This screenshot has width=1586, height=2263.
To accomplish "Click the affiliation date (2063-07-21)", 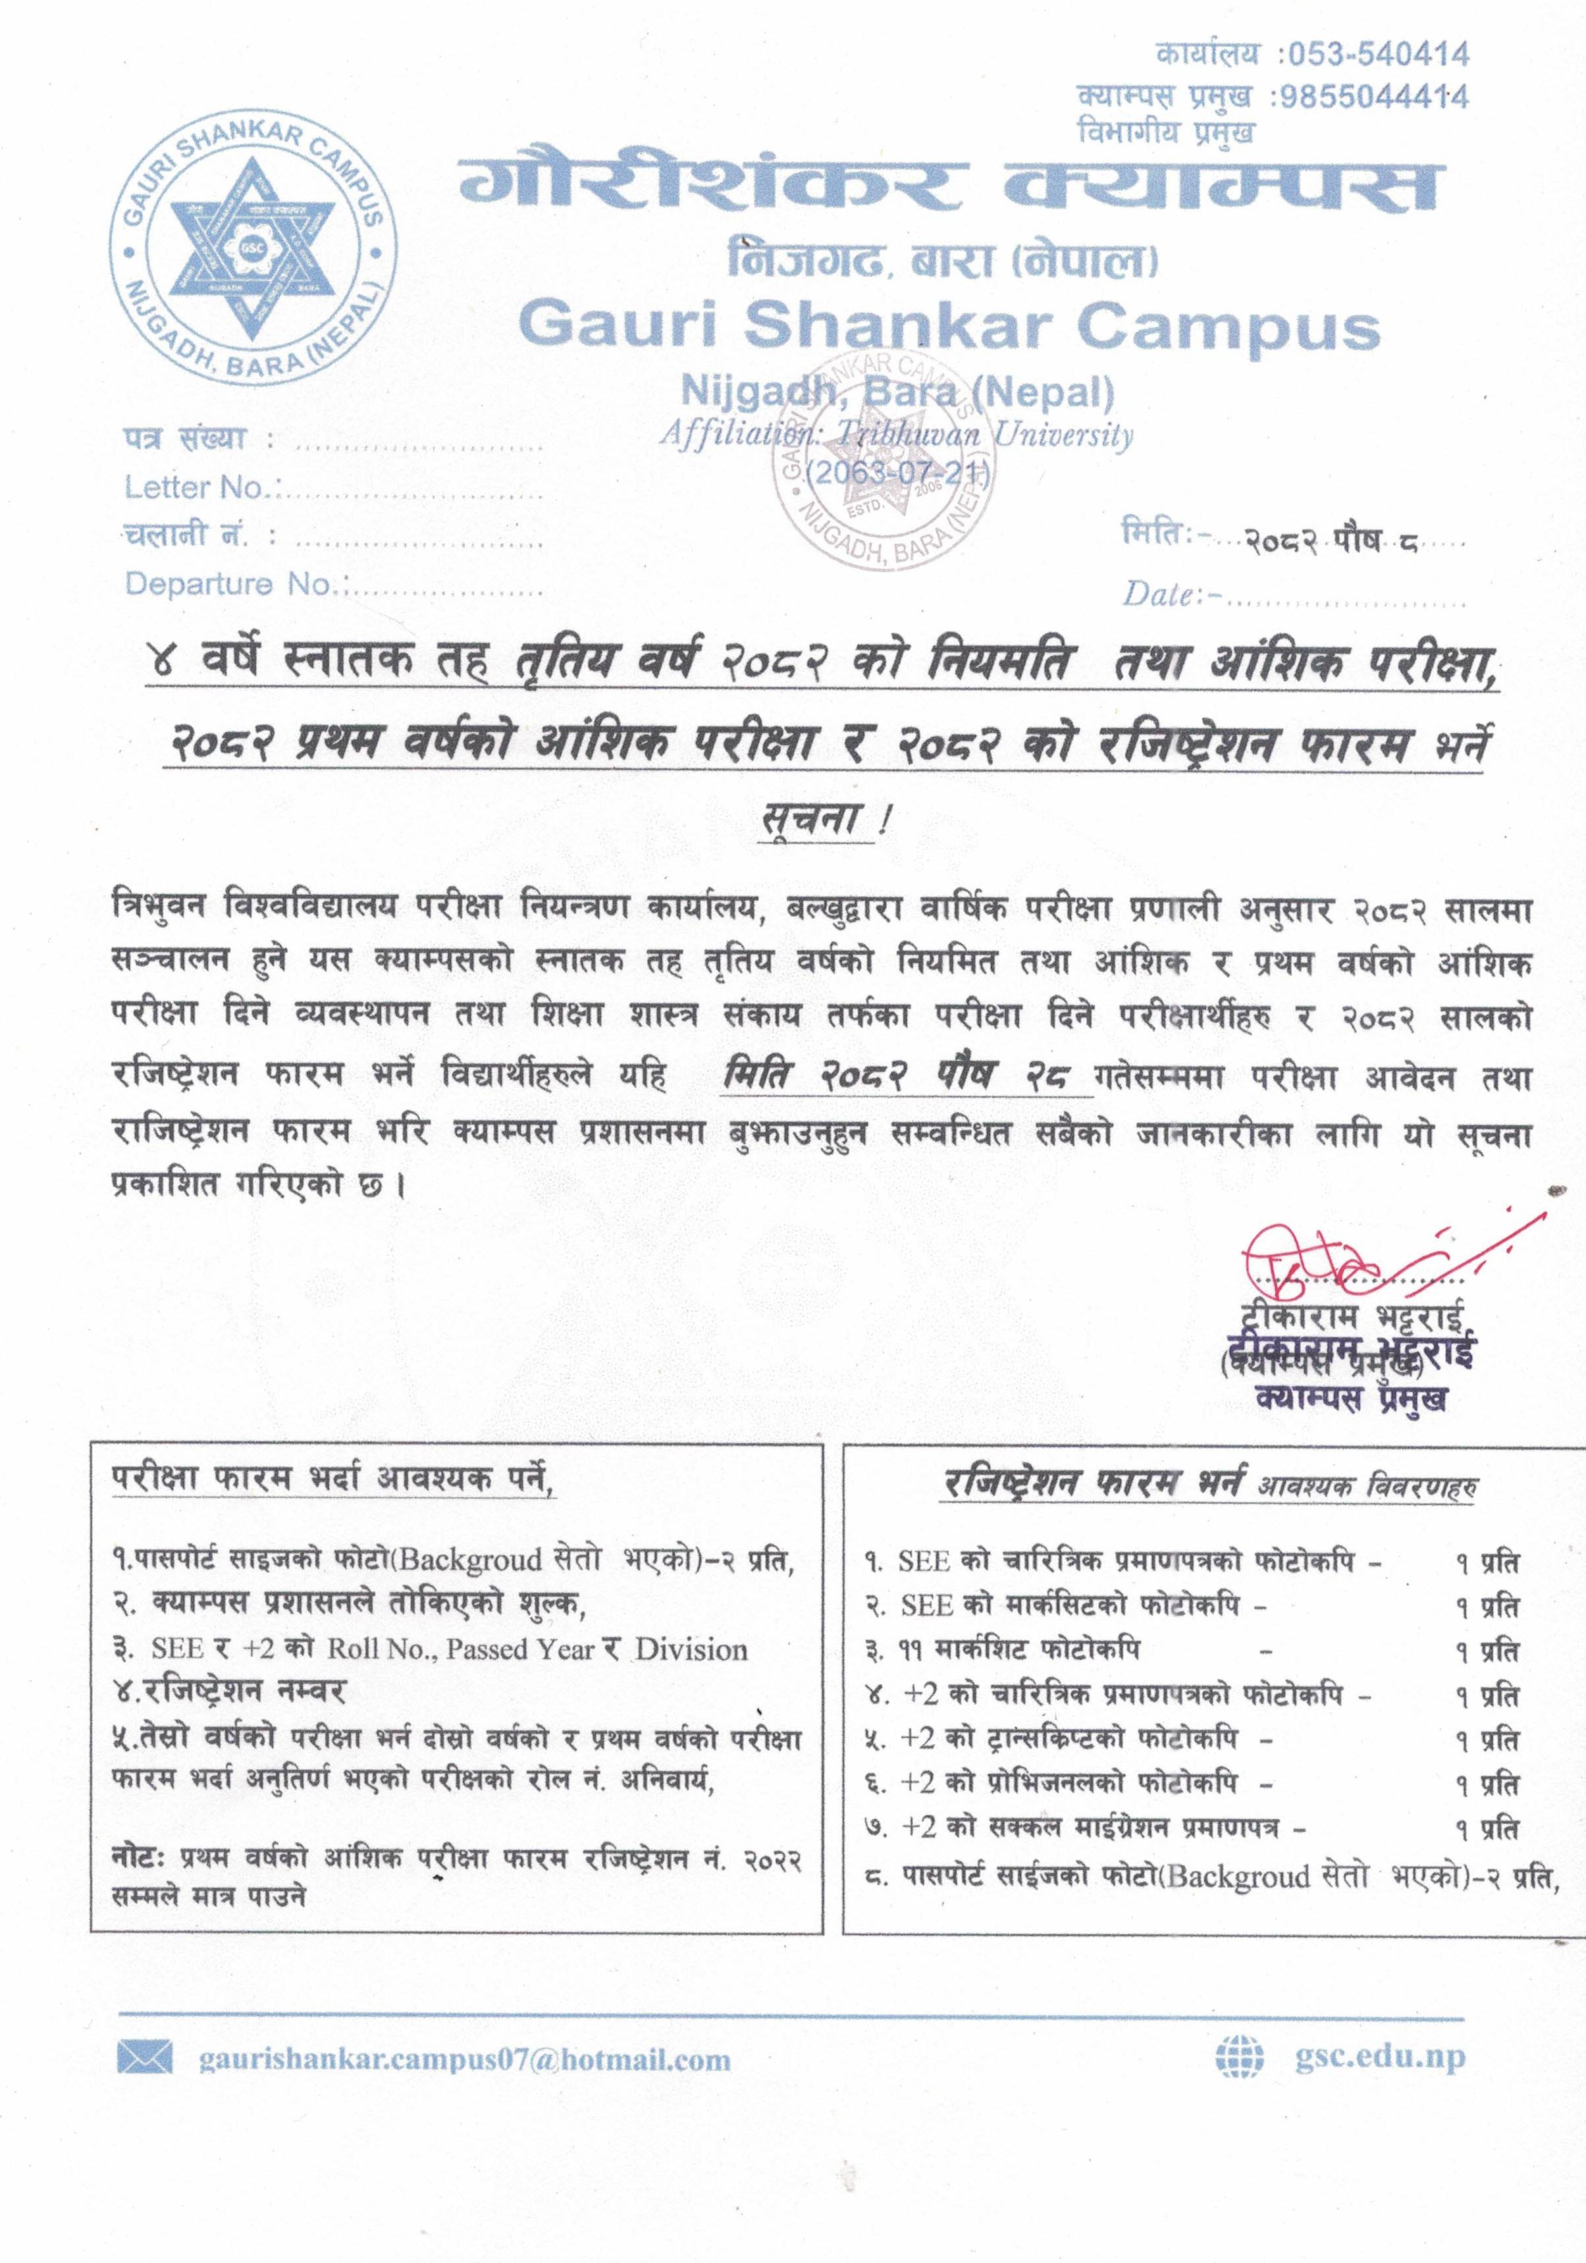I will pos(895,473).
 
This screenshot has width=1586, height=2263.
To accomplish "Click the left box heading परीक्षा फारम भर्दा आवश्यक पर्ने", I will pos(332,1479).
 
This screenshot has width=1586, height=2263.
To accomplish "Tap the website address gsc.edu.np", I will pos(1380,2056).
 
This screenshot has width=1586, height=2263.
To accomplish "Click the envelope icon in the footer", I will pos(145,2058).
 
